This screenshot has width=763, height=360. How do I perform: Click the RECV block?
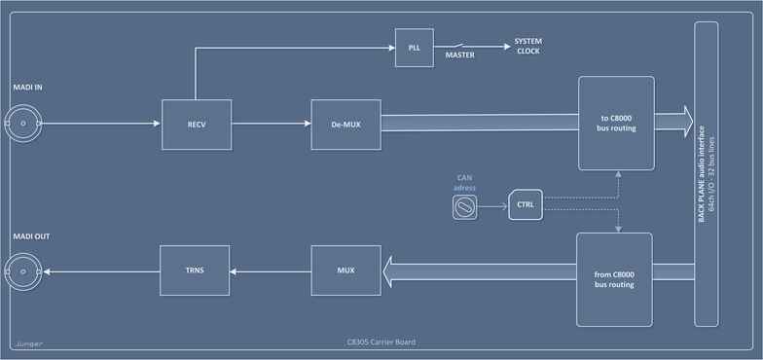point(197,124)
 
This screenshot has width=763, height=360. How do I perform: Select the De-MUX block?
point(345,124)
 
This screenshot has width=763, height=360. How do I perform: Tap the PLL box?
point(414,48)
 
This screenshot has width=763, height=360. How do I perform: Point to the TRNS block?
point(195,270)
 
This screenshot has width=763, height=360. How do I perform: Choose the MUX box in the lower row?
point(345,270)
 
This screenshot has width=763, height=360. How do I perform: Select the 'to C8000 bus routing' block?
point(617,124)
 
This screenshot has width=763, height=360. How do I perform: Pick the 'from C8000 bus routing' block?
point(615,279)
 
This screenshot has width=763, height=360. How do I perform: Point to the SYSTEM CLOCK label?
point(528,46)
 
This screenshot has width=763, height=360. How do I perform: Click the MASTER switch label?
point(460,56)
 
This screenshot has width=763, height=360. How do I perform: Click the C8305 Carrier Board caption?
point(381,342)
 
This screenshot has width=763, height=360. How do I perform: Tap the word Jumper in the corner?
point(30,343)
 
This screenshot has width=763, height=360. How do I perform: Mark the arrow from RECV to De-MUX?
point(272,124)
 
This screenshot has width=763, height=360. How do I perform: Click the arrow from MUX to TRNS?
point(271,270)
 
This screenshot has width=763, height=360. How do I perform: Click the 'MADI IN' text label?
point(27,88)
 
